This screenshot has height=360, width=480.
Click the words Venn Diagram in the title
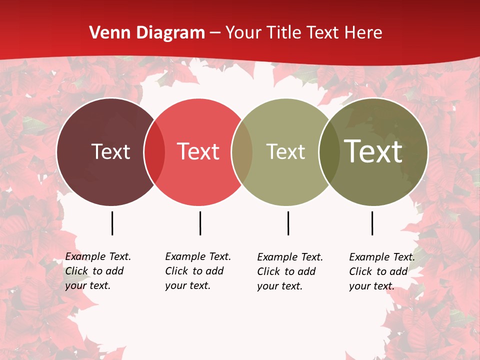pyautogui.click(x=147, y=33)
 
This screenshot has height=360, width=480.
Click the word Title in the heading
pyautogui.click(x=284, y=33)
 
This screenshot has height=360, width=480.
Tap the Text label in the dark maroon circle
pyautogui.click(x=110, y=151)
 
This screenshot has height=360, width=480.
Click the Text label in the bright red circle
pyautogui.click(x=198, y=151)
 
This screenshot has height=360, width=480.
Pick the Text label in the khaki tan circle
pyautogui.click(x=285, y=151)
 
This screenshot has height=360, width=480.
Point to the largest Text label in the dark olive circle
pyautogui.click(x=373, y=151)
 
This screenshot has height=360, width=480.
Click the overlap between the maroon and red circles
pyautogui.click(x=154, y=151)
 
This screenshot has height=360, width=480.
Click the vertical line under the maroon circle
pyautogui.click(x=112, y=223)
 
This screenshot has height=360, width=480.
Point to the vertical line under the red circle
pyautogui.click(x=200, y=223)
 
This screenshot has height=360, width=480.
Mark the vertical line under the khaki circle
pyautogui.click(x=288, y=223)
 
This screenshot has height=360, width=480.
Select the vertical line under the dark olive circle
pyautogui.click(x=372, y=223)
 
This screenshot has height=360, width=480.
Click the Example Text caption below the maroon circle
pyautogui.click(x=97, y=271)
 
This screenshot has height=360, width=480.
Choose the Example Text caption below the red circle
pyautogui.click(x=197, y=271)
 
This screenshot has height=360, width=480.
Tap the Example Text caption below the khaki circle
pyautogui.click(x=289, y=271)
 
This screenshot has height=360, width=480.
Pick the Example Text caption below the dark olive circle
pyautogui.click(x=381, y=271)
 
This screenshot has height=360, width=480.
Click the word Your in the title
pyautogui.click(x=243, y=33)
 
